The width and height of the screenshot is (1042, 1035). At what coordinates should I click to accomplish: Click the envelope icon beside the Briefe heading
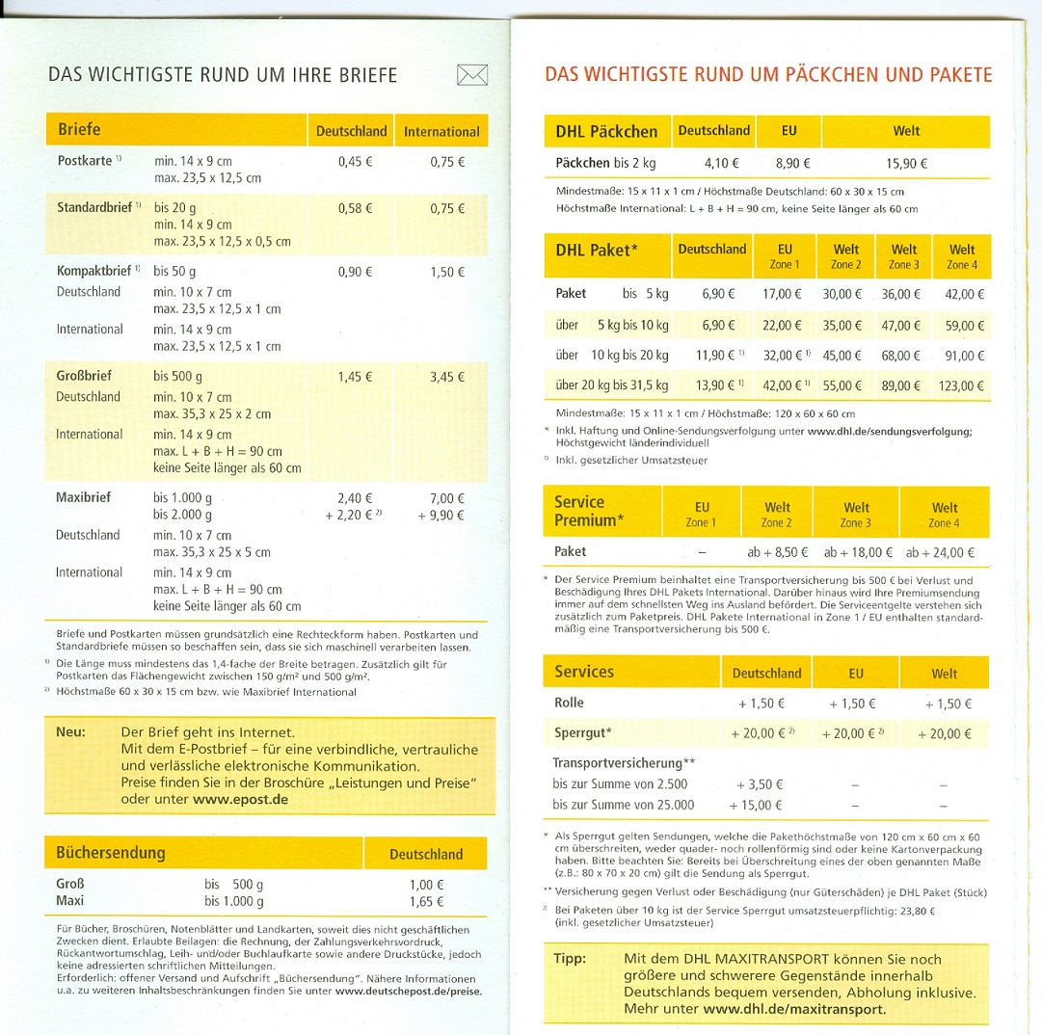click(x=472, y=75)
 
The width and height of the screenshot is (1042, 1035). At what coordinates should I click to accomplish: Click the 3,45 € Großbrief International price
click(x=447, y=377)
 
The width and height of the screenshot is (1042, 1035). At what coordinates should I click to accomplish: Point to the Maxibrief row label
click(x=84, y=497)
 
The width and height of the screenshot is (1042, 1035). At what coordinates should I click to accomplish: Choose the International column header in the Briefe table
click(x=441, y=131)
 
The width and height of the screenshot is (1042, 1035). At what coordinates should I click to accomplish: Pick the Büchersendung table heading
click(x=111, y=853)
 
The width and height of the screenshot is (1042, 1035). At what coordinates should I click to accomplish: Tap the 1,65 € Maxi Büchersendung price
click(x=426, y=901)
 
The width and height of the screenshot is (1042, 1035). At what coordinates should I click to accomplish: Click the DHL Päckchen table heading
click(x=606, y=131)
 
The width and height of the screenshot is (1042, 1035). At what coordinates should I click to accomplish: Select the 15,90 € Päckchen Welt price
click(x=906, y=164)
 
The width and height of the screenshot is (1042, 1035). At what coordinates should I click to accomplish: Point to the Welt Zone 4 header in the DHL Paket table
click(x=961, y=255)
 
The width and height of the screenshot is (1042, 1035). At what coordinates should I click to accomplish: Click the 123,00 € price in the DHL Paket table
click(x=960, y=386)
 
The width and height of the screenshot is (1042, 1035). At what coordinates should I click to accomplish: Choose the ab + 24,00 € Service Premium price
click(x=940, y=552)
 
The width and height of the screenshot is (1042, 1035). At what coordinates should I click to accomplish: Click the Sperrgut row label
click(x=583, y=733)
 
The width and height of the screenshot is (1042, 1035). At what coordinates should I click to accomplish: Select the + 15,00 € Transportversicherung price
click(x=756, y=805)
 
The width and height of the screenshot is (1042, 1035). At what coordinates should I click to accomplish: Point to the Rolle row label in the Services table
click(x=569, y=703)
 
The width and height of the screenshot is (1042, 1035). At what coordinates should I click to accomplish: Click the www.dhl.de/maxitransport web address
click(x=794, y=1010)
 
